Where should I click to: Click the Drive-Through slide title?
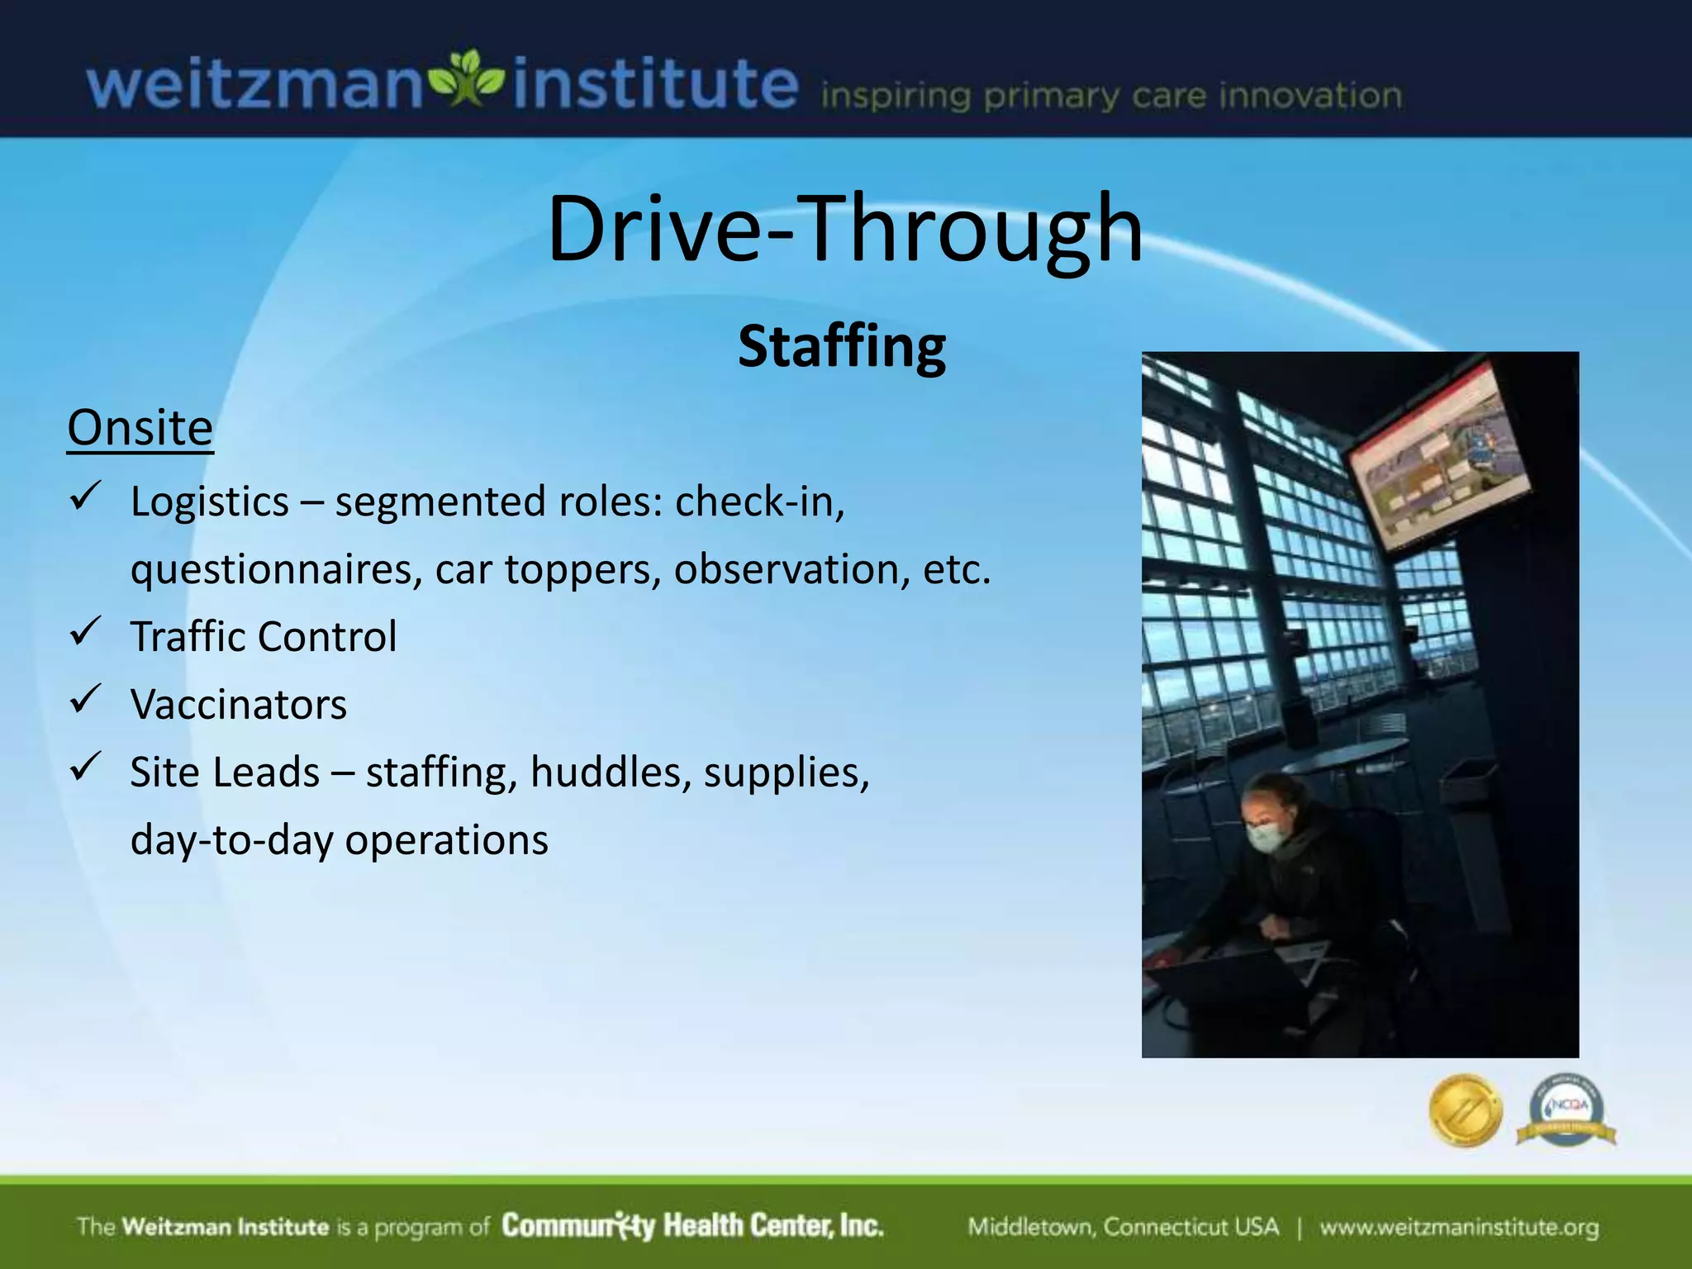coord(844,228)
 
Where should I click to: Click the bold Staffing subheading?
coord(841,347)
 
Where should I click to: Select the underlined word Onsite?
coord(140,427)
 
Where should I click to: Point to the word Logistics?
coord(210,501)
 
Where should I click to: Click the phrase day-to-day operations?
coord(339,840)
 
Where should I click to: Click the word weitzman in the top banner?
coord(254,86)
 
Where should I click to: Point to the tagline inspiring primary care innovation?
coord(1110,96)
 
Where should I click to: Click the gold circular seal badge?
coord(1465,1110)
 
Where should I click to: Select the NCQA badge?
coord(1566,1110)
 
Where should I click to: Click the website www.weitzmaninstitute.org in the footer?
coord(1458,1227)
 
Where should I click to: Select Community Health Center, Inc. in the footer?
coord(692,1225)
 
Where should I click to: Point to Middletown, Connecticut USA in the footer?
coord(1123,1227)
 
